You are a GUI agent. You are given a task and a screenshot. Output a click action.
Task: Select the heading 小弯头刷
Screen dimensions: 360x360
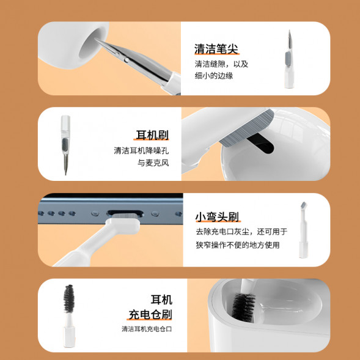(216, 218)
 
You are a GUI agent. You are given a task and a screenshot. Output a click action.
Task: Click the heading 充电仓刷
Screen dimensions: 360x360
(150, 315)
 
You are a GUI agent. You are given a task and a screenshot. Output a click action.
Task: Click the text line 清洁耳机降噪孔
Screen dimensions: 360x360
(141, 150)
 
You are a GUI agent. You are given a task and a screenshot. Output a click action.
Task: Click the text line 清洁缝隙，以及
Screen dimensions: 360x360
(222, 64)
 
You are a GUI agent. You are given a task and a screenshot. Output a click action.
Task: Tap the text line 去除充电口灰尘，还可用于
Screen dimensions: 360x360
(241, 232)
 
